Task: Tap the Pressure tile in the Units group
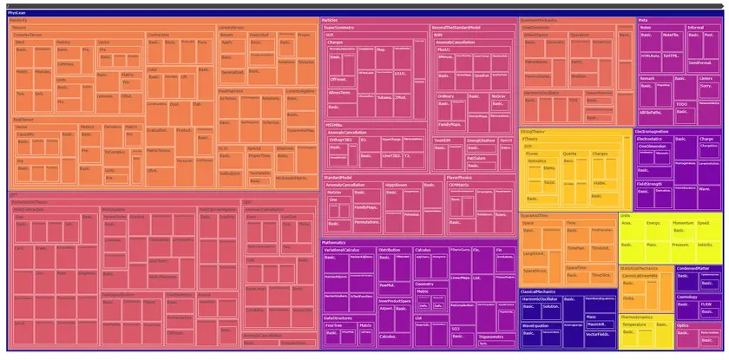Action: (x=681, y=244)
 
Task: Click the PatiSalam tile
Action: (x=476, y=159)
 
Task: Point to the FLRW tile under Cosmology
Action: (x=706, y=304)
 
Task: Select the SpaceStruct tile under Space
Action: (x=536, y=271)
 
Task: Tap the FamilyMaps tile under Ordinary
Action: (x=449, y=123)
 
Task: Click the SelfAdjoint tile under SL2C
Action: (x=231, y=173)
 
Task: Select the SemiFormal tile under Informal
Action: (x=699, y=62)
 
